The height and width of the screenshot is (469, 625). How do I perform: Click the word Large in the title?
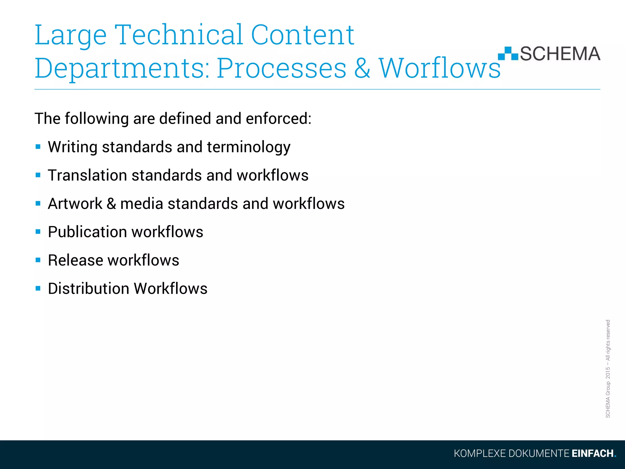click(70, 36)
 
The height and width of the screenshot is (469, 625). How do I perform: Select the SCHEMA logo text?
click(560, 54)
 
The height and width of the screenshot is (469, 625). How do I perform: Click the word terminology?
click(249, 147)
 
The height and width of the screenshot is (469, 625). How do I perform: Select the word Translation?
click(87, 175)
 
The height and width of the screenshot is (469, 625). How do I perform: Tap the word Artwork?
click(75, 204)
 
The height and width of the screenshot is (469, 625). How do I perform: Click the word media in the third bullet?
click(142, 204)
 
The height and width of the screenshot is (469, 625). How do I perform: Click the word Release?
click(75, 260)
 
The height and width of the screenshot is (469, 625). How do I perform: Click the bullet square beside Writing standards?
click(38, 147)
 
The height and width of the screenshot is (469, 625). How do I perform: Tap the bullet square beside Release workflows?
click(38, 260)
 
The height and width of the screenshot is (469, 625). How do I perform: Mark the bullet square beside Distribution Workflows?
click(38, 288)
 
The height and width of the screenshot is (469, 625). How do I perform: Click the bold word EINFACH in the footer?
click(592, 453)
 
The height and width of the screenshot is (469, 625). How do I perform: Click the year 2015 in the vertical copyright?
click(608, 373)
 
